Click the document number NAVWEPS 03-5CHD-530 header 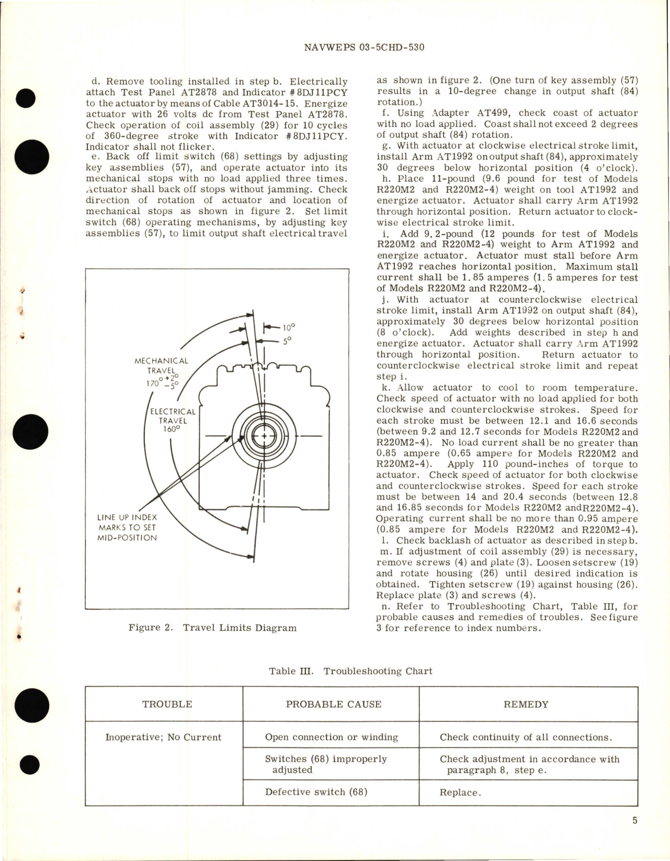point(363,47)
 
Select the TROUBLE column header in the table point(167,704)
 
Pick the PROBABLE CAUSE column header point(333,704)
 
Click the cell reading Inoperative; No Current point(163,737)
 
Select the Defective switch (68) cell point(316,791)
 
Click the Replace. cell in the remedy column point(460,792)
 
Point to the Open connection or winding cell point(331,737)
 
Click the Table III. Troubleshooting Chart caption point(350,671)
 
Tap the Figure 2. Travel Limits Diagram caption point(212,628)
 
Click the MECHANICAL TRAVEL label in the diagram point(161,366)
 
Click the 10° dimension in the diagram point(288,327)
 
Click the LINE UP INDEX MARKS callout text point(127,527)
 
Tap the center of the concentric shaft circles point(264,436)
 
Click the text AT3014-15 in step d point(252,104)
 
